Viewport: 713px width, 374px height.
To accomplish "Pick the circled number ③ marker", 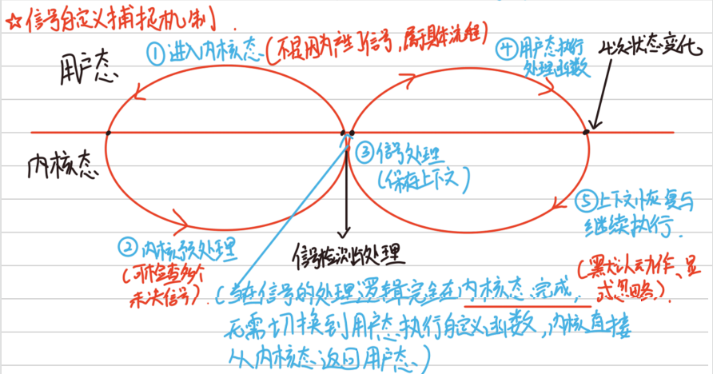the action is point(364,149).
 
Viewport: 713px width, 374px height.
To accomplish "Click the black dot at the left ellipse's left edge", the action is point(108,132).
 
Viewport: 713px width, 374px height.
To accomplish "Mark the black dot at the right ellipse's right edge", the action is point(587,131).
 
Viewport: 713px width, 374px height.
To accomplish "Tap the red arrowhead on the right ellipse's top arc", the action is point(410,80).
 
